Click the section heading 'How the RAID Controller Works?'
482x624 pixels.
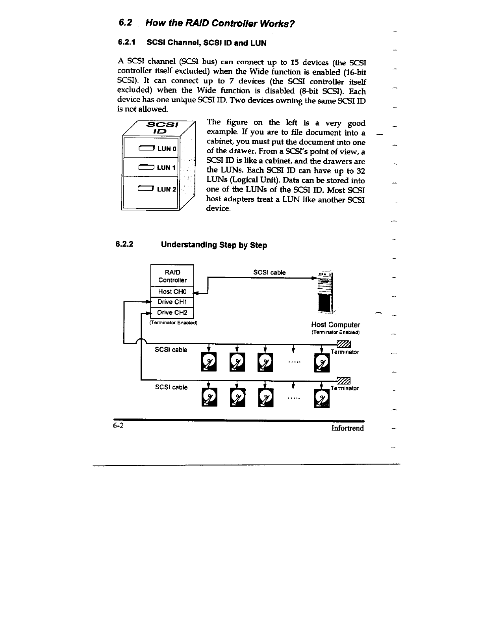(220, 23)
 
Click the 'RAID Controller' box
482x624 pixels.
(172, 276)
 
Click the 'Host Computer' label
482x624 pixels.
(336, 325)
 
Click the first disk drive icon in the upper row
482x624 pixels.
(209, 362)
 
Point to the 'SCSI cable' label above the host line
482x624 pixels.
(269, 273)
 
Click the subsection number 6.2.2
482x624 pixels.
(124, 244)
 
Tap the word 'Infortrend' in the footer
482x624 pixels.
(347, 428)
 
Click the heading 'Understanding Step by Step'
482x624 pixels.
(214, 245)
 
